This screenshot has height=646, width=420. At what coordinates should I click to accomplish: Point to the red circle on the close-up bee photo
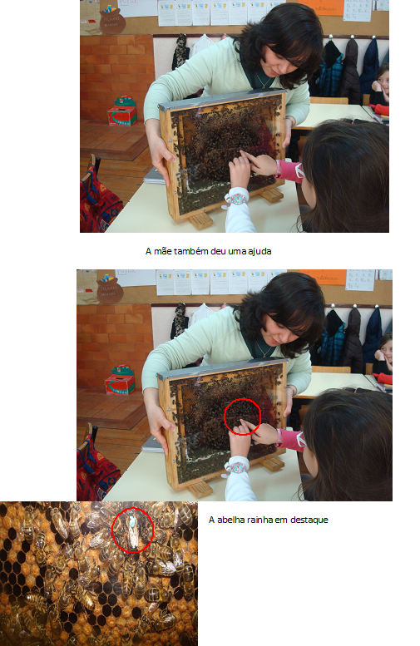coord(112,530)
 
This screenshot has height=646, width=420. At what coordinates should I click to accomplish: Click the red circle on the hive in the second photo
coord(225,417)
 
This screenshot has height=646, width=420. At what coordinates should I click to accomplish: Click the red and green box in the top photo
coord(122,111)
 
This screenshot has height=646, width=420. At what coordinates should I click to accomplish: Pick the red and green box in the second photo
coord(120,380)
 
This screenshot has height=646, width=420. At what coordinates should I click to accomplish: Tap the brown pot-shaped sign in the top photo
coord(111,21)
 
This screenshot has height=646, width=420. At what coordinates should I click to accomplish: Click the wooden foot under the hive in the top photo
coord(200,221)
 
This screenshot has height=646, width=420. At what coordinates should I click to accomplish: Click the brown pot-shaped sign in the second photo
coord(110,290)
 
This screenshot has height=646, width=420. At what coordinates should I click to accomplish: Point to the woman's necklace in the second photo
coord(263,349)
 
